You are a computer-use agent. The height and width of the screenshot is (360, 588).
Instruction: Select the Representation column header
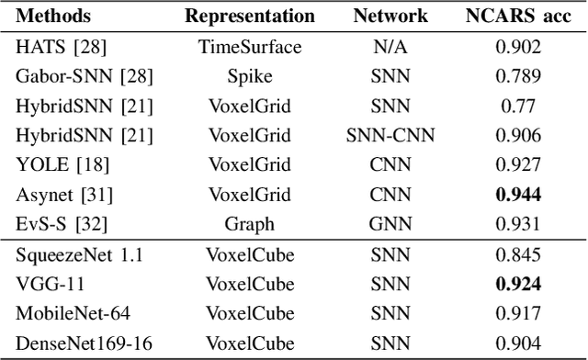coord(250,17)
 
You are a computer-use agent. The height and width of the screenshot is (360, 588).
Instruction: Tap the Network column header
coord(390,17)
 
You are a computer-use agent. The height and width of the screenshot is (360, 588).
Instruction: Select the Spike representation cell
coord(250,76)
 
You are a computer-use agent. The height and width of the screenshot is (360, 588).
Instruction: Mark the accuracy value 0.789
coord(518,76)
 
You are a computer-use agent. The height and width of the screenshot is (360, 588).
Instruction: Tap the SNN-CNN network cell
coord(390,135)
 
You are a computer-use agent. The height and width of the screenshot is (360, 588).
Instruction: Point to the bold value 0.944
coord(518,194)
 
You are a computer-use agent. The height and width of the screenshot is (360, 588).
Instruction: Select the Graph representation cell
coord(250,223)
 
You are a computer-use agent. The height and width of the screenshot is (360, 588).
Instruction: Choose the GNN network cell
coord(390,223)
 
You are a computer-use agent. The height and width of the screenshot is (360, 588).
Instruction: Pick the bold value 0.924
coord(518,284)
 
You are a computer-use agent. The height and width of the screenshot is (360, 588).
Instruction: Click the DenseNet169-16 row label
coord(76,343)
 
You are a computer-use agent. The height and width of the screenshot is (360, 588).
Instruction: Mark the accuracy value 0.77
coord(518,106)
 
